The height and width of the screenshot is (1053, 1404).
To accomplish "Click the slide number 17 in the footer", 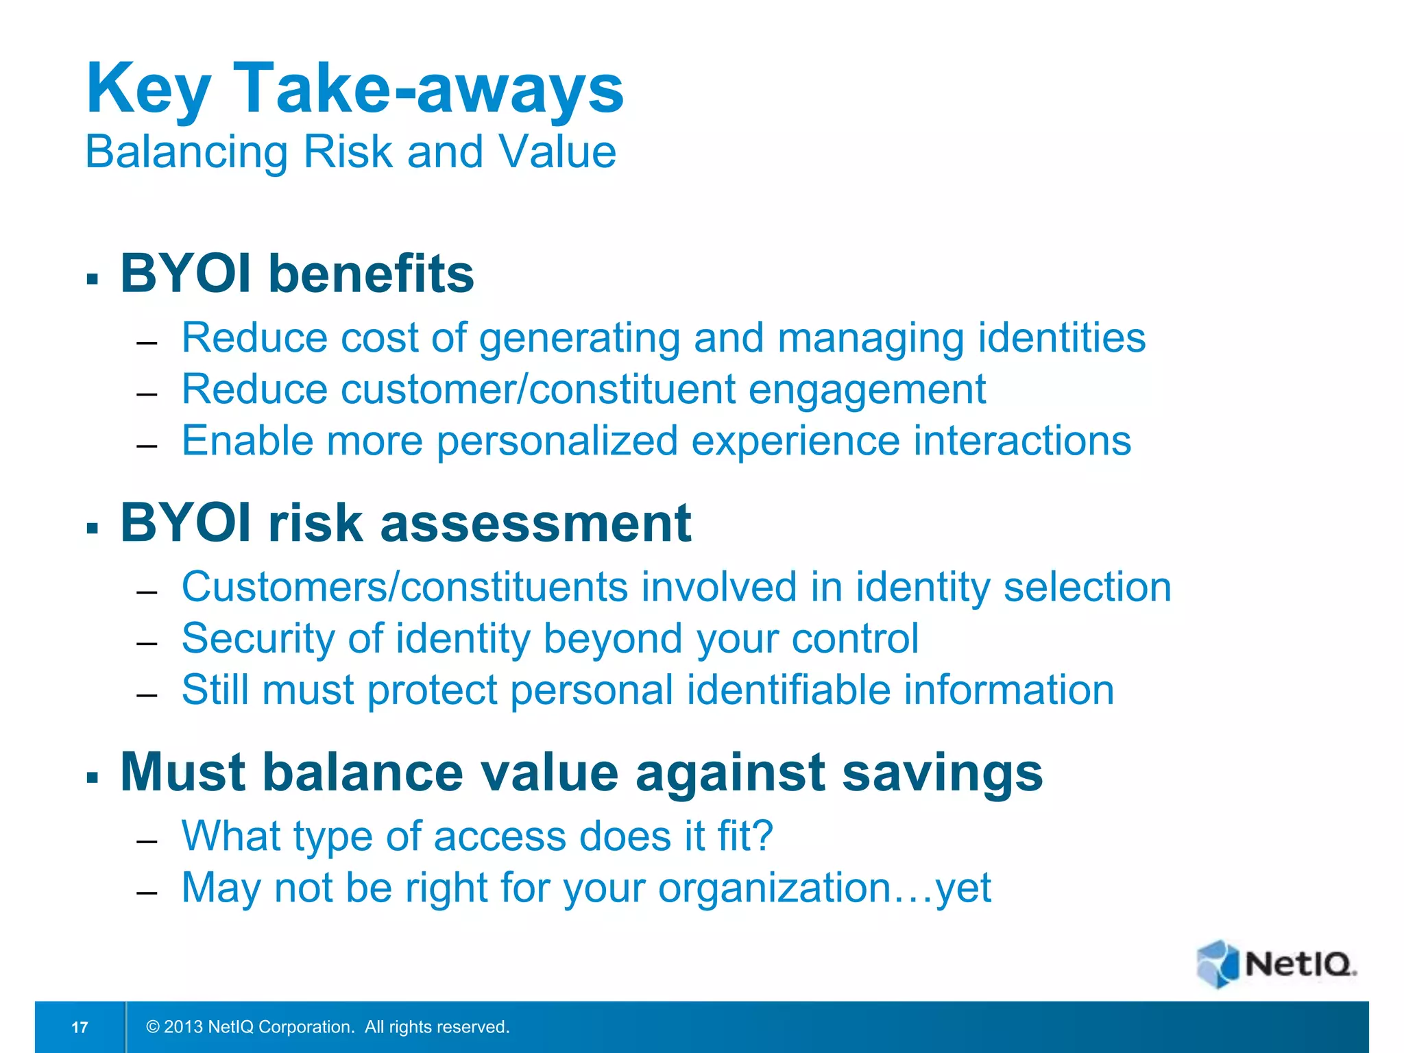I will tap(80, 1027).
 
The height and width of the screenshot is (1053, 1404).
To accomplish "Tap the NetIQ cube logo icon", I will tap(1218, 964).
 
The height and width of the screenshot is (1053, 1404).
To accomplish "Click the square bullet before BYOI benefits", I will tap(93, 279).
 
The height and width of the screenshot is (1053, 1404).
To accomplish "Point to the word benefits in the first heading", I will tap(371, 274).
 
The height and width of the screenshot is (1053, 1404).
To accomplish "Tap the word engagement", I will tap(867, 389).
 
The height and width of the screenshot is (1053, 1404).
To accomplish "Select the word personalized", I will tap(557, 441).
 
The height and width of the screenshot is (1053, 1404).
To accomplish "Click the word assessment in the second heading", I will tap(535, 523).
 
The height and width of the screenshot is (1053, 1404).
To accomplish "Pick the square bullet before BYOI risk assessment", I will tap(93, 529).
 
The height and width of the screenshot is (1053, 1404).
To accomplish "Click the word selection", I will tap(1087, 588).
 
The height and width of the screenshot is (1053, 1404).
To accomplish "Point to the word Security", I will tap(258, 639).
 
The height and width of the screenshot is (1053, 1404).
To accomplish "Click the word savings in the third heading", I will tap(942, 773).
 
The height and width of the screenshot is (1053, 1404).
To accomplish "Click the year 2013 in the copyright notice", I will tap(183, 1027).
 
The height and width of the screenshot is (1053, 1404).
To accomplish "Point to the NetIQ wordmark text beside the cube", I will tap(1300, 964).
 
